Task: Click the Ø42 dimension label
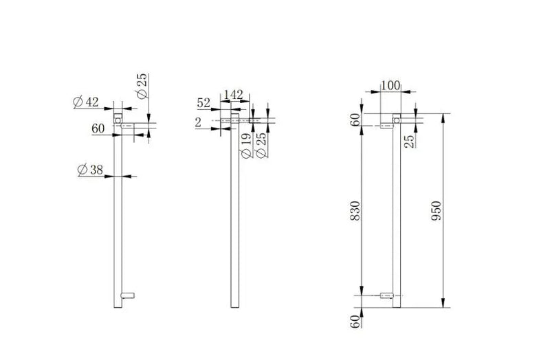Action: (86, 102)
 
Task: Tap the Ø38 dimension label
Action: (90, 170)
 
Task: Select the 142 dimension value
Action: (233, 95)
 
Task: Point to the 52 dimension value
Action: (203, 103)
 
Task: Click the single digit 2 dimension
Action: (198, 123)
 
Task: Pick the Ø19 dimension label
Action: (247, 145)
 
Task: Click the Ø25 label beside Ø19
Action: (261, 145)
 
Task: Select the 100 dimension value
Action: (390, 85)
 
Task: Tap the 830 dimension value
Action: (355, 211)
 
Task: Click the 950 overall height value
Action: (436, 211)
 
